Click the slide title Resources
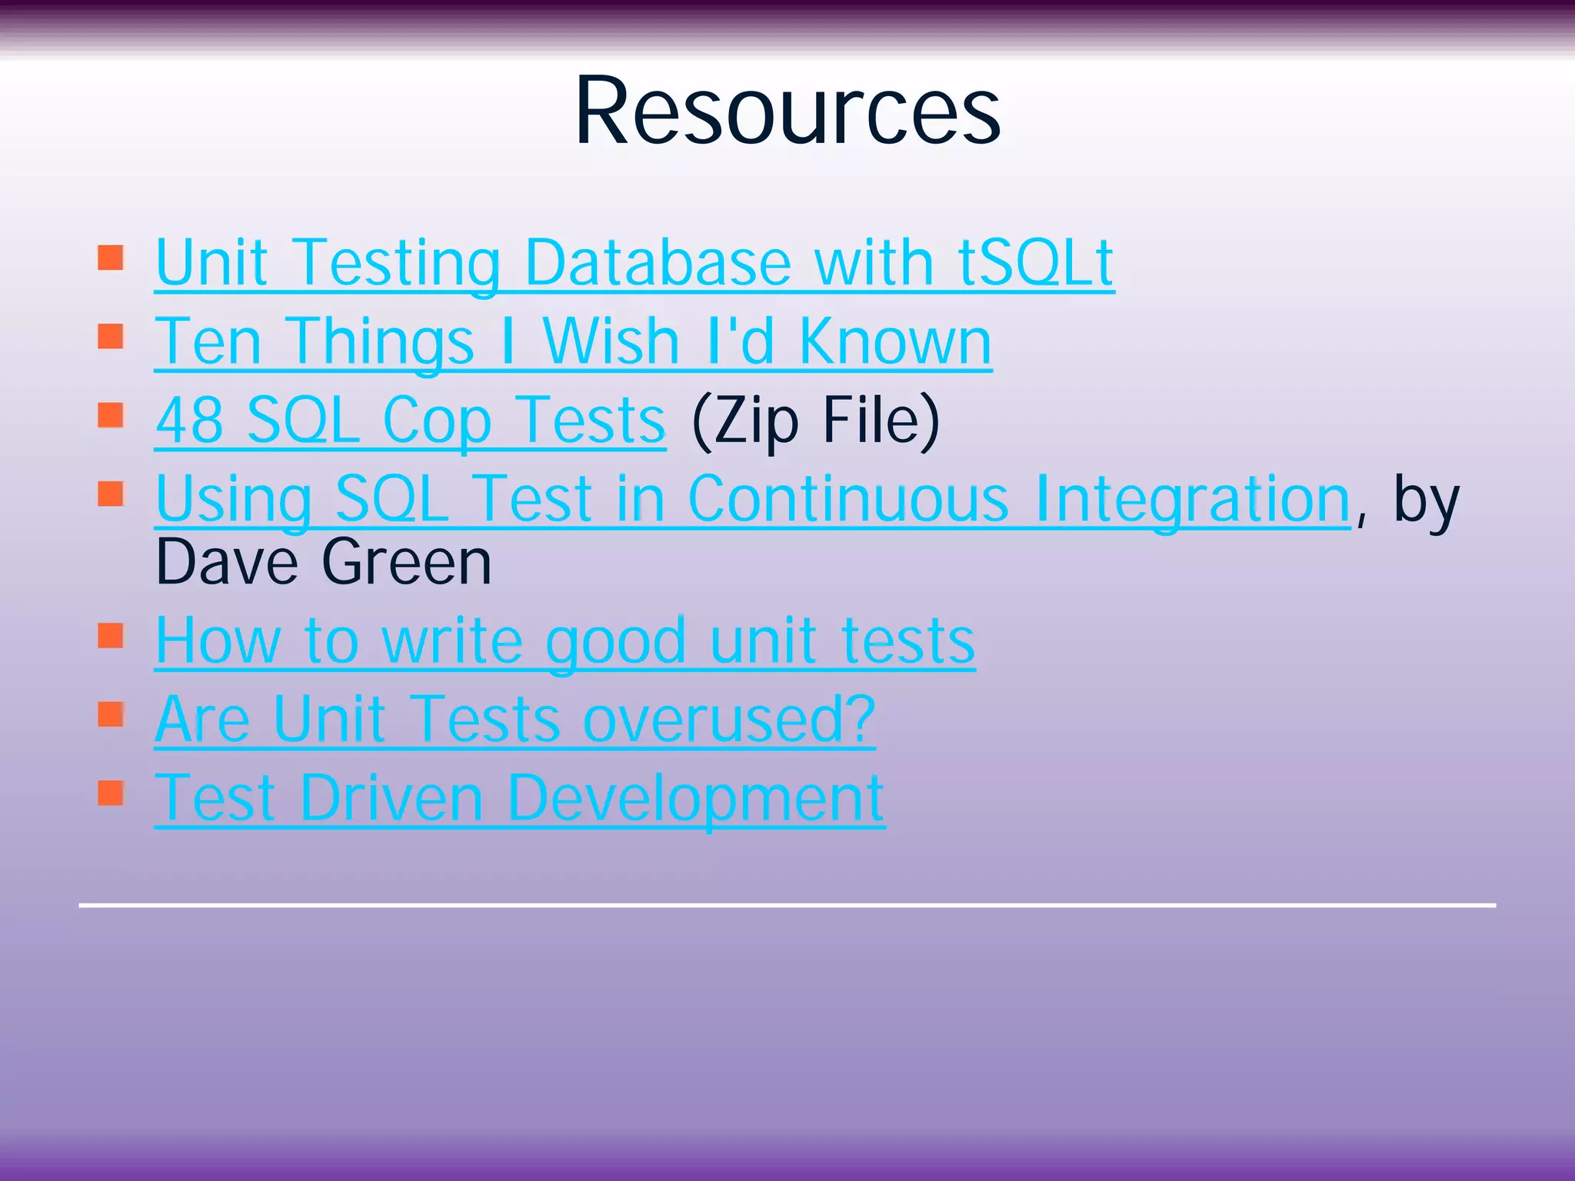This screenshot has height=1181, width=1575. [787, 111]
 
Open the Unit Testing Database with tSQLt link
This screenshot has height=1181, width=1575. [634, 263]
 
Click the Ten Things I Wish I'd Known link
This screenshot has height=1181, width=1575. [573, 341]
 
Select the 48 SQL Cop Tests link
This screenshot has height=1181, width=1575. [410, 421]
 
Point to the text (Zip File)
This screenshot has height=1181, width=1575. [815, 421]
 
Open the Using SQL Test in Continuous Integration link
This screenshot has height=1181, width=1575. [752, 500]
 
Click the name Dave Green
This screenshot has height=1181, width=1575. [323, 562]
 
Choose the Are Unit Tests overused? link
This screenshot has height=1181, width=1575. [514, 720]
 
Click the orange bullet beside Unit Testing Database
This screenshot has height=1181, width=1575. [111, 258]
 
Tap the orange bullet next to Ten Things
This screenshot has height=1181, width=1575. [111, 336]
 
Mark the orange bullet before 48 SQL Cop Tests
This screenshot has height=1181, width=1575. [111, 415]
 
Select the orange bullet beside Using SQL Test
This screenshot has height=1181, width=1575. [111, 494]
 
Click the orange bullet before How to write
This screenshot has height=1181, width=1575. [111, 636]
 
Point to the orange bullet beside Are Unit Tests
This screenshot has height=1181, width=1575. [111, 714]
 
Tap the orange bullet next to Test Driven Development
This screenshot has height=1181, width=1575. [111, 793]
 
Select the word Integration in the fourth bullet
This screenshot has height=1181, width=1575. [1192, 500]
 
